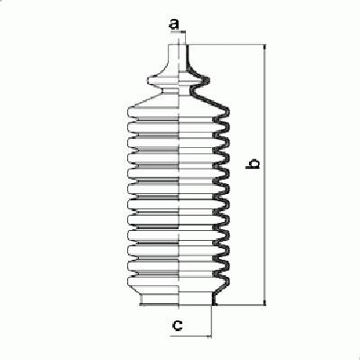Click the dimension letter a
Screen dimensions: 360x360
point(174,23)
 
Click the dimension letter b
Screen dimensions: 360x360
point(253,163)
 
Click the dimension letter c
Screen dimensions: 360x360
point(177,325)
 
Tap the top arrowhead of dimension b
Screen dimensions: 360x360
point(264,48)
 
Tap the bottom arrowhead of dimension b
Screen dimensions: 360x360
point(264,302)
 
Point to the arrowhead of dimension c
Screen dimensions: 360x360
point(208,336)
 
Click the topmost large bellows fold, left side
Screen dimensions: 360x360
point(153,112)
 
